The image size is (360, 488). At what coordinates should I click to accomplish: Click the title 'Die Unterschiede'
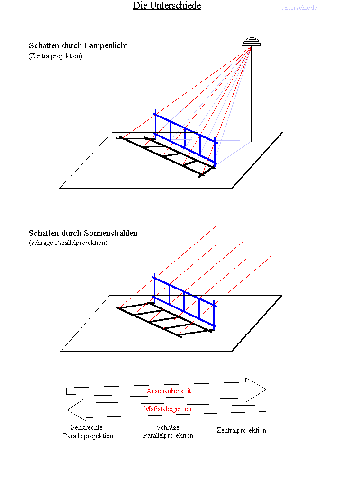click(x=167, y=6)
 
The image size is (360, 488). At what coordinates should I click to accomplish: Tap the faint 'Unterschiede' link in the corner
click(x=298, y=8)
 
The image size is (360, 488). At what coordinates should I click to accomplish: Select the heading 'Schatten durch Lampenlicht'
click(x=78, y=46)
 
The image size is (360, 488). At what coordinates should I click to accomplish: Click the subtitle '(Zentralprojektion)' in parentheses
click(x=55, y=56)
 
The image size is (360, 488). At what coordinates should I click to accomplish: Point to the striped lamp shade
click(x=252, y=42)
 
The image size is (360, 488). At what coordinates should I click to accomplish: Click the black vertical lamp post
click(x=252, y=94)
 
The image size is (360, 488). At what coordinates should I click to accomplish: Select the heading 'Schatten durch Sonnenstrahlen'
click(x=83, y=233)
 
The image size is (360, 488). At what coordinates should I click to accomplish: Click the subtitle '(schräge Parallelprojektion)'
click(x=68, y=243)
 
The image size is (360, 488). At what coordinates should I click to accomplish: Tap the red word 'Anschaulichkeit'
click(x=169, y=391)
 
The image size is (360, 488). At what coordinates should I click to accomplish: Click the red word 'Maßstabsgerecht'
click(x=169, y=409)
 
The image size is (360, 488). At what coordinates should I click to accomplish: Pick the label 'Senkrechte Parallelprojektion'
click(x=88, y=432)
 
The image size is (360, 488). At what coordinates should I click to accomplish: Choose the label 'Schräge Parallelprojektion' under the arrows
click(x=168, y=431)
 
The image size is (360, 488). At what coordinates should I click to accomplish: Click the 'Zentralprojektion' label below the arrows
click(x=242, y=430)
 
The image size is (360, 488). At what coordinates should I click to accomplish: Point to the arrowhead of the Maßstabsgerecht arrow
click(x=76, y=410)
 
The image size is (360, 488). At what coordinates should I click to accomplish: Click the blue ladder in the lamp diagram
click(x=185, y=137)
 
